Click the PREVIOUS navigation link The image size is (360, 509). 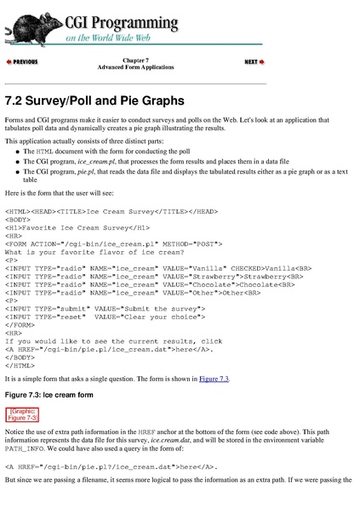pyautogui.click(x=22, y=62)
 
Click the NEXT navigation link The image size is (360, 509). pyautogui.click(x=254, y=62)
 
